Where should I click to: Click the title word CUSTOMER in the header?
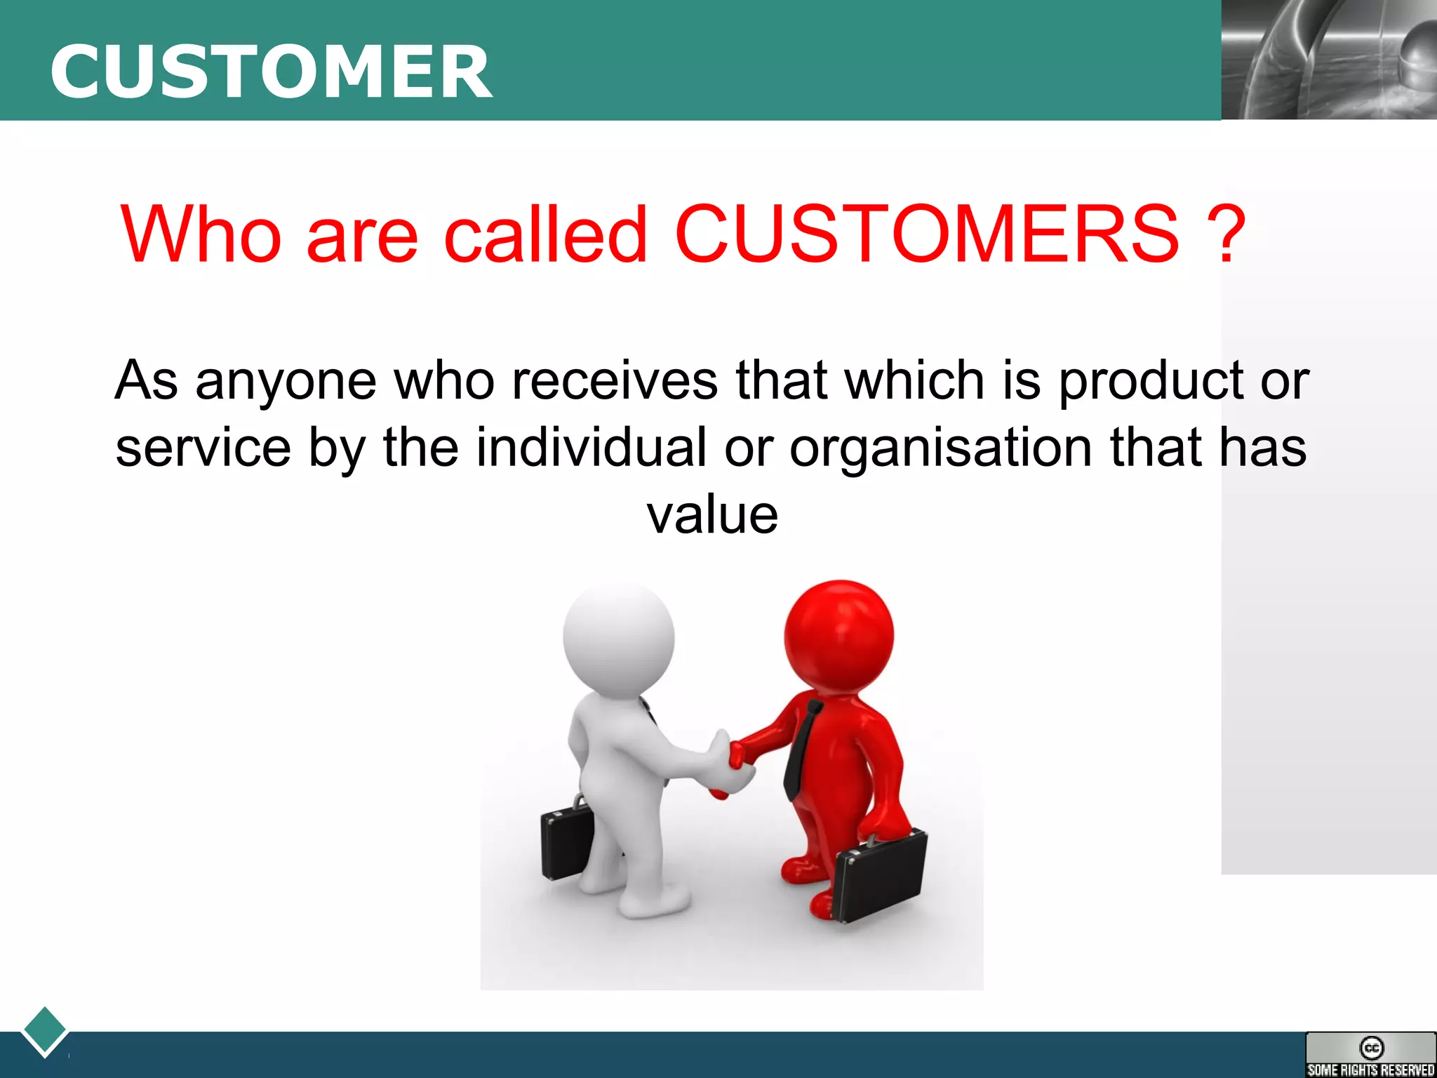(271, 72)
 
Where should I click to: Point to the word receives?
(615, 381)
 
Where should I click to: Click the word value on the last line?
(711, 515)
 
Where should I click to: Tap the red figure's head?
(839, 634)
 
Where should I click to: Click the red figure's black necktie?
(800, 751)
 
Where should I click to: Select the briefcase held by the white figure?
(567, 842)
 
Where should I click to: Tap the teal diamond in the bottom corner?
(45, 1030)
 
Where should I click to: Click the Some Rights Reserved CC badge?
(1370, 1054)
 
